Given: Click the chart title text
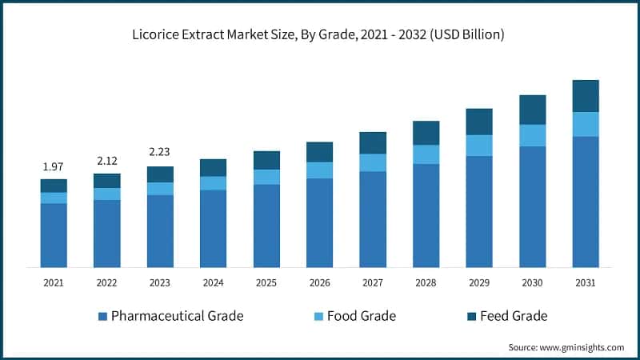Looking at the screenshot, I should (x=319, y=34).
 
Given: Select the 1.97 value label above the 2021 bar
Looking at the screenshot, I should (x=54, y=166).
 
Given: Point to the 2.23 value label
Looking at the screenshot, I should (x=160, y=152).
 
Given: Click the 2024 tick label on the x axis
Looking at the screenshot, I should (x=213, y=282).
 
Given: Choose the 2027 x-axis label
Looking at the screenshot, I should (x=373, y=282).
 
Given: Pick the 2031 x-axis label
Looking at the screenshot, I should (x=586, y=282).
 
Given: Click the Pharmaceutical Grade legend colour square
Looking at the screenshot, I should (x=102, y=316).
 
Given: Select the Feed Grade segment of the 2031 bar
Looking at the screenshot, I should (x=586, y=96).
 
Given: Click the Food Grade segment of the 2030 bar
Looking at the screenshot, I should (x=533, y=135).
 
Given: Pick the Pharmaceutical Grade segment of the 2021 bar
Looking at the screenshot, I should (x=54, y=235).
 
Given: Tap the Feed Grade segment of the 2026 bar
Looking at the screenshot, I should (x=319, y=152).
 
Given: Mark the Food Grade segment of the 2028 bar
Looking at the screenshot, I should (x=426, y=154).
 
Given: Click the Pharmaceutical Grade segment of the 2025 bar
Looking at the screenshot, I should (x=266, y=226).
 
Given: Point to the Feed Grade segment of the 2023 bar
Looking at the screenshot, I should (x=160, y=174).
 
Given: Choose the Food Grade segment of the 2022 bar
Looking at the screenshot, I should (x=106, y=194).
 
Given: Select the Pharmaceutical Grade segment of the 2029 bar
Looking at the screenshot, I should (x=479, y=211).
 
